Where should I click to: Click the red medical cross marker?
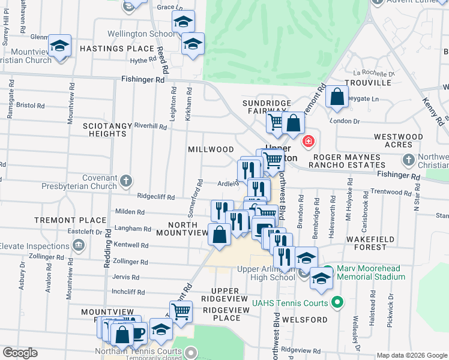308,142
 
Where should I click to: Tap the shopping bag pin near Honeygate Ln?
337,97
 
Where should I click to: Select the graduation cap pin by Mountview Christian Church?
59,47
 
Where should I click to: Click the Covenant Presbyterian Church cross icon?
125,180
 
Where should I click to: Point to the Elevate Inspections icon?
78,245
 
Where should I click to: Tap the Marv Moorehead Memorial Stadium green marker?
327,271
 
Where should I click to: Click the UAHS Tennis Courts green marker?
337,301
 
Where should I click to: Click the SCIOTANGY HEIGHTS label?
105,130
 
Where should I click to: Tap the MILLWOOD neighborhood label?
211,149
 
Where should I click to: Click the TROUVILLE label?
368,82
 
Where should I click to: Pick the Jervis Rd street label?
127,277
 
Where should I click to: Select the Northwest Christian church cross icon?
409,160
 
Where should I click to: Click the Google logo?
20,353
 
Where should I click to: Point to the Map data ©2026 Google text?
411,355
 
